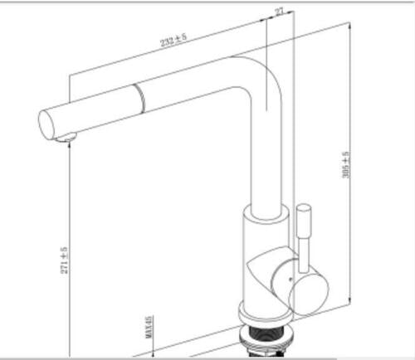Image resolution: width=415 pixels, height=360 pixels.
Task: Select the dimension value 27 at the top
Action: [279, 12]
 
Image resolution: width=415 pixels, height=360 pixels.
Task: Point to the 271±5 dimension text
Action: [64, 263]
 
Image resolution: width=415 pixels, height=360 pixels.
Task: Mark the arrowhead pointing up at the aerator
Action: [69, 148]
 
